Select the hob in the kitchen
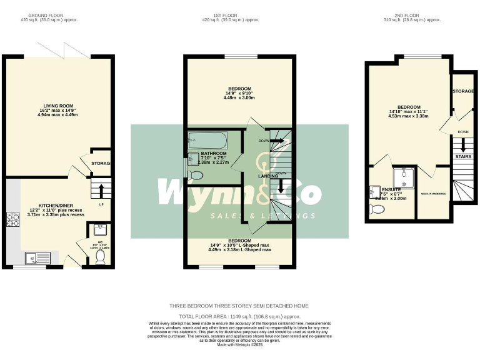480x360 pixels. click(13, 219)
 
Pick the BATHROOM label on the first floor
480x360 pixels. click(214, 153)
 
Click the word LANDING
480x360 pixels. click(269, 176)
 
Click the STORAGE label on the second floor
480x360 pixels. click(463, 92)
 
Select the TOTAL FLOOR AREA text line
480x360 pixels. click(239, 317)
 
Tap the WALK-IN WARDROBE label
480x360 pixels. click(433, 194)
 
